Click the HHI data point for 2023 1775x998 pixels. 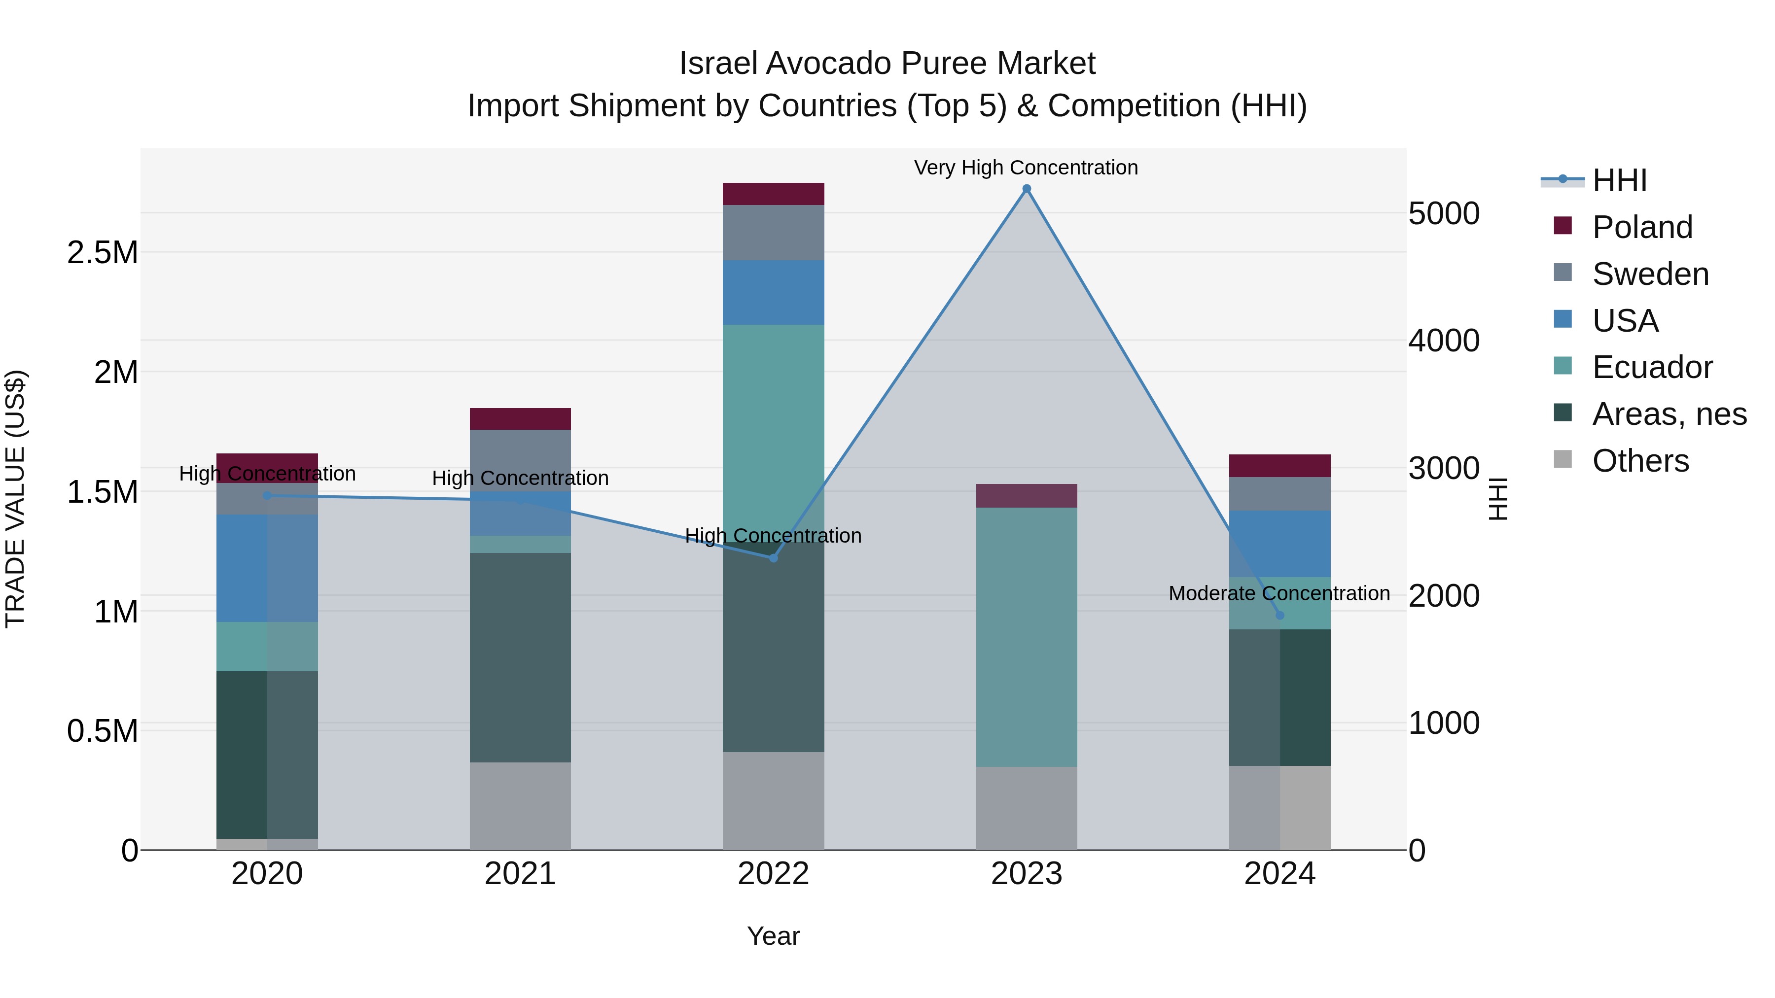click(1026, 189)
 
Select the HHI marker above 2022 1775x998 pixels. click(773, 558)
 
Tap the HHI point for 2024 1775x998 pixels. click(1279, 615)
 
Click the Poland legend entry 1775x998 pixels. click(1641, 227)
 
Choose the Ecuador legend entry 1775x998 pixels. click(1652, 367)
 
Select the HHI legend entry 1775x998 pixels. click(1619, 180)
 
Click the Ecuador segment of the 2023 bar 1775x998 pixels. click(1026, 637)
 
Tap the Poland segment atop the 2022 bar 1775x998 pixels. click(773, 194)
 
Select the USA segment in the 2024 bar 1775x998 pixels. click(1279, 544)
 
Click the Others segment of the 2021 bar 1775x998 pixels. click(520, 806)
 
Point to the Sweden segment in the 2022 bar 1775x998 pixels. click(773, 233)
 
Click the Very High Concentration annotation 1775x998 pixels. click(1026, 168)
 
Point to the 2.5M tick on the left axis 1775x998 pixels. click(102, 253)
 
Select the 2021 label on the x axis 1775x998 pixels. click(520, 874)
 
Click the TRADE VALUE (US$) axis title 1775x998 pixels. click(15, 499)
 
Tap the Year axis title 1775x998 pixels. click(773, 936)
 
